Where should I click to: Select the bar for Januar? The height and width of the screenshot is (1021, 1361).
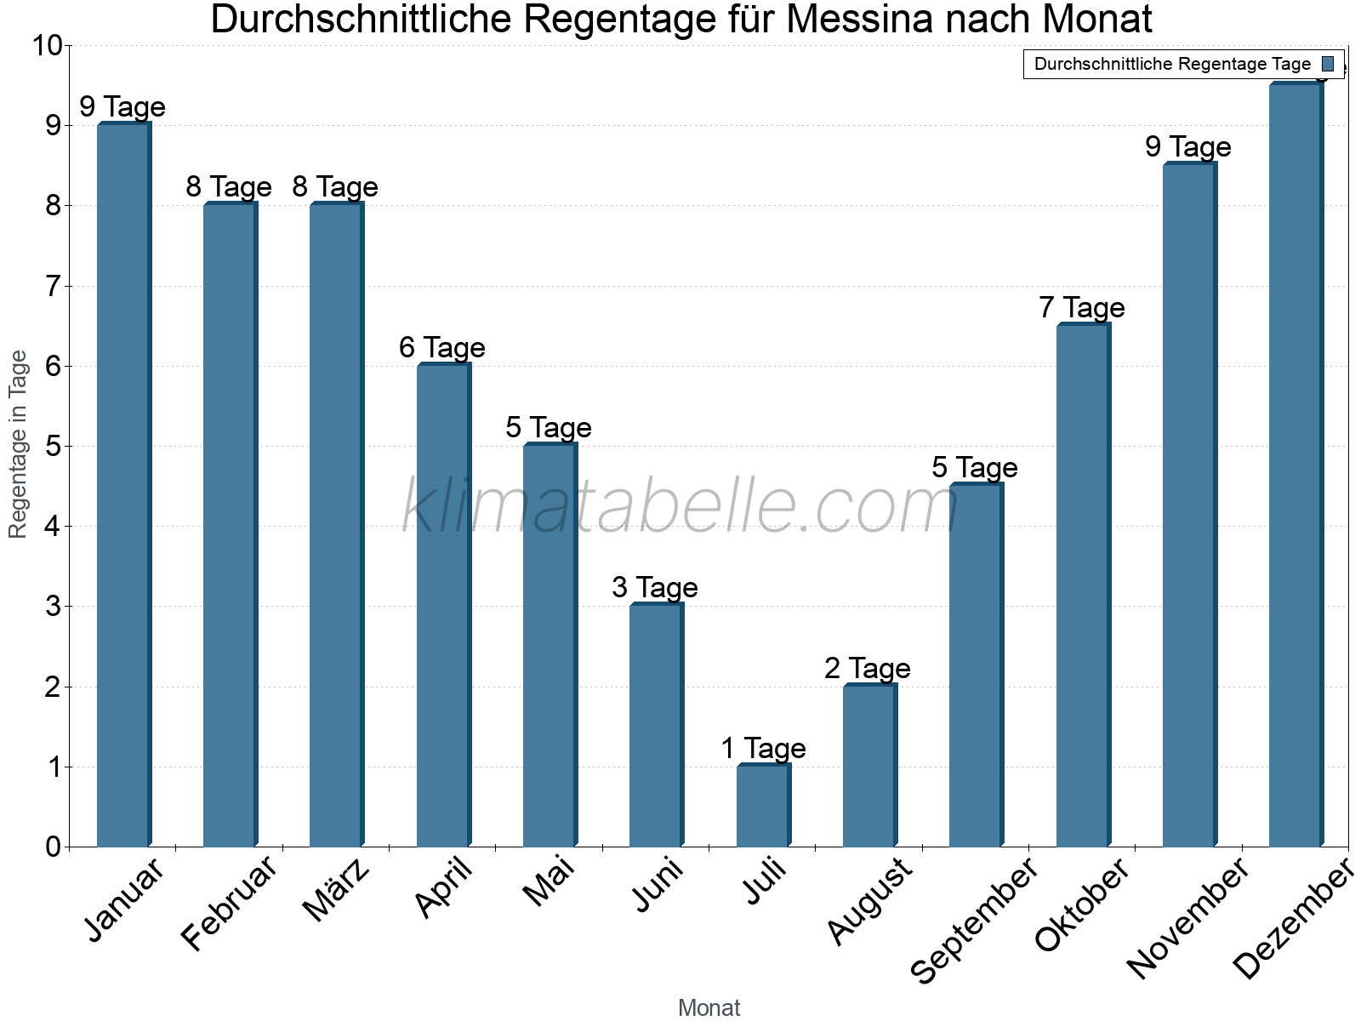(x=123, y=485)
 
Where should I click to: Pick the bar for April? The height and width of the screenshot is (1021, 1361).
(x=443, y=605)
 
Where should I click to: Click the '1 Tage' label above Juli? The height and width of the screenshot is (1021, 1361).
(x=763, y=749)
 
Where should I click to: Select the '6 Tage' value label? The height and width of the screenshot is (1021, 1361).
(x=442, y=347)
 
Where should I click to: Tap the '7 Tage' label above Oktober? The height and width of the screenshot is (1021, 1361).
(x=1082, y=307)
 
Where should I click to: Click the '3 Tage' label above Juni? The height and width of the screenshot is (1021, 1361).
(x=655, y=587)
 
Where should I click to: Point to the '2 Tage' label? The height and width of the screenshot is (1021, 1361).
(x=868, y=668)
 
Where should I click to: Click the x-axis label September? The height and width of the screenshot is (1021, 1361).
(x=975, y=919)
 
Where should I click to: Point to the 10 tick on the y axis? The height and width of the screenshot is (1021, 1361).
(x=47, y=46)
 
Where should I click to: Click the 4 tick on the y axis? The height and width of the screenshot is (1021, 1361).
(x=53, y=527)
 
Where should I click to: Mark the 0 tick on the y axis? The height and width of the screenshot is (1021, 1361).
(x=53, y=847)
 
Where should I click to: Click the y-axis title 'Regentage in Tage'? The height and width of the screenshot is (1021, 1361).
(x=19, y=444)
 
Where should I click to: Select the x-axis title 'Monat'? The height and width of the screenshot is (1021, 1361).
(x=709, y=1007)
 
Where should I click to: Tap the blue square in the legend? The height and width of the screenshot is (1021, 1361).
(x=1328, y=64)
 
